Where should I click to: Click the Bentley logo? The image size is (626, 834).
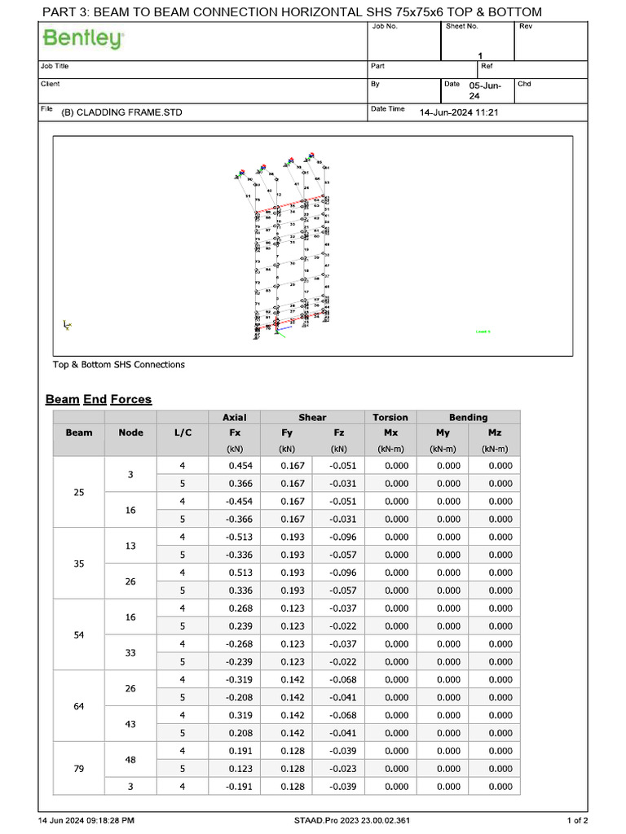pyautogui.click(x=83, y=39)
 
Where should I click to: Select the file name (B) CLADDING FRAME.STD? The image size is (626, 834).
pyautogui.click(x=121, y=112)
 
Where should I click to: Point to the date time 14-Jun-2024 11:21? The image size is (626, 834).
pyautogui.click(x=459, y=112)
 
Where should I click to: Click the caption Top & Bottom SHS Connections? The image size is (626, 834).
pyautogui.click(x=119, y=364)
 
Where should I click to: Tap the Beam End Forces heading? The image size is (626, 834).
pyautogui.click(x=99, y=399)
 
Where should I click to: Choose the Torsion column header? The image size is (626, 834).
pyautogui.click(x=390, y=417)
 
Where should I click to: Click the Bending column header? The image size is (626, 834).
pyautogui.click(x=468, y=417)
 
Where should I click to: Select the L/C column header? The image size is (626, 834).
pyautogui.click(x=183, y=432)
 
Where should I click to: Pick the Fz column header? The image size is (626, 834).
pyautogui.click(x=338, y=432)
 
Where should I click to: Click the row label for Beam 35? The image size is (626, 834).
pyautogui.click(x=79, y=564)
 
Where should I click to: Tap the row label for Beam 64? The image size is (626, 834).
pyautogui.click(x=79, y=706)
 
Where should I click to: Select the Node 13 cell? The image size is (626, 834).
pyautogui.click(x=130, y=546)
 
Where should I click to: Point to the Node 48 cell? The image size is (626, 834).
pyautogui.click(x=130, y=760)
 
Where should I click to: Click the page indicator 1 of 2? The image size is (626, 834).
pyautogui.click(x=577, y=820)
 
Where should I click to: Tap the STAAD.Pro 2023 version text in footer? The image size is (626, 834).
pyautogui.click(x=352, y=820)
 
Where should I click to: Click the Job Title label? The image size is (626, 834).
pyautogui.click(x=55, y=66)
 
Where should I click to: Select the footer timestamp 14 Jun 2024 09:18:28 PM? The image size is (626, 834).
pyautogui.click(x=86, y=820)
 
